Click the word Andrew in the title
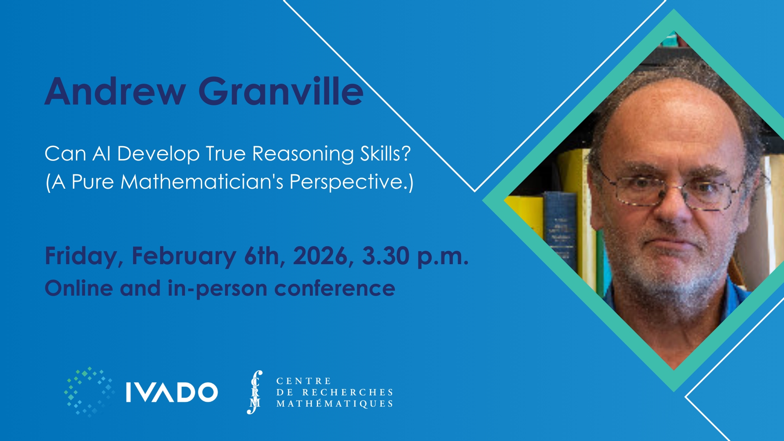[x=115, y=91]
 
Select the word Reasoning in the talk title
[x=303, y=155]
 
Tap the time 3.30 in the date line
[x=385, y=256]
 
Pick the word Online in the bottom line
[x=79, y=288]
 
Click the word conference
[x=334, y=289]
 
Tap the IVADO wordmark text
[x=171, y=392]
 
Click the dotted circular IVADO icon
[x=89, y=392]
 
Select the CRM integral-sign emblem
[x=255, y=392]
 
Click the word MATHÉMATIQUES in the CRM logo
[x=334, y=404]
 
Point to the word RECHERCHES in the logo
[x=347, y=392]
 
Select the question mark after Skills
[x=405, y=154]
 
